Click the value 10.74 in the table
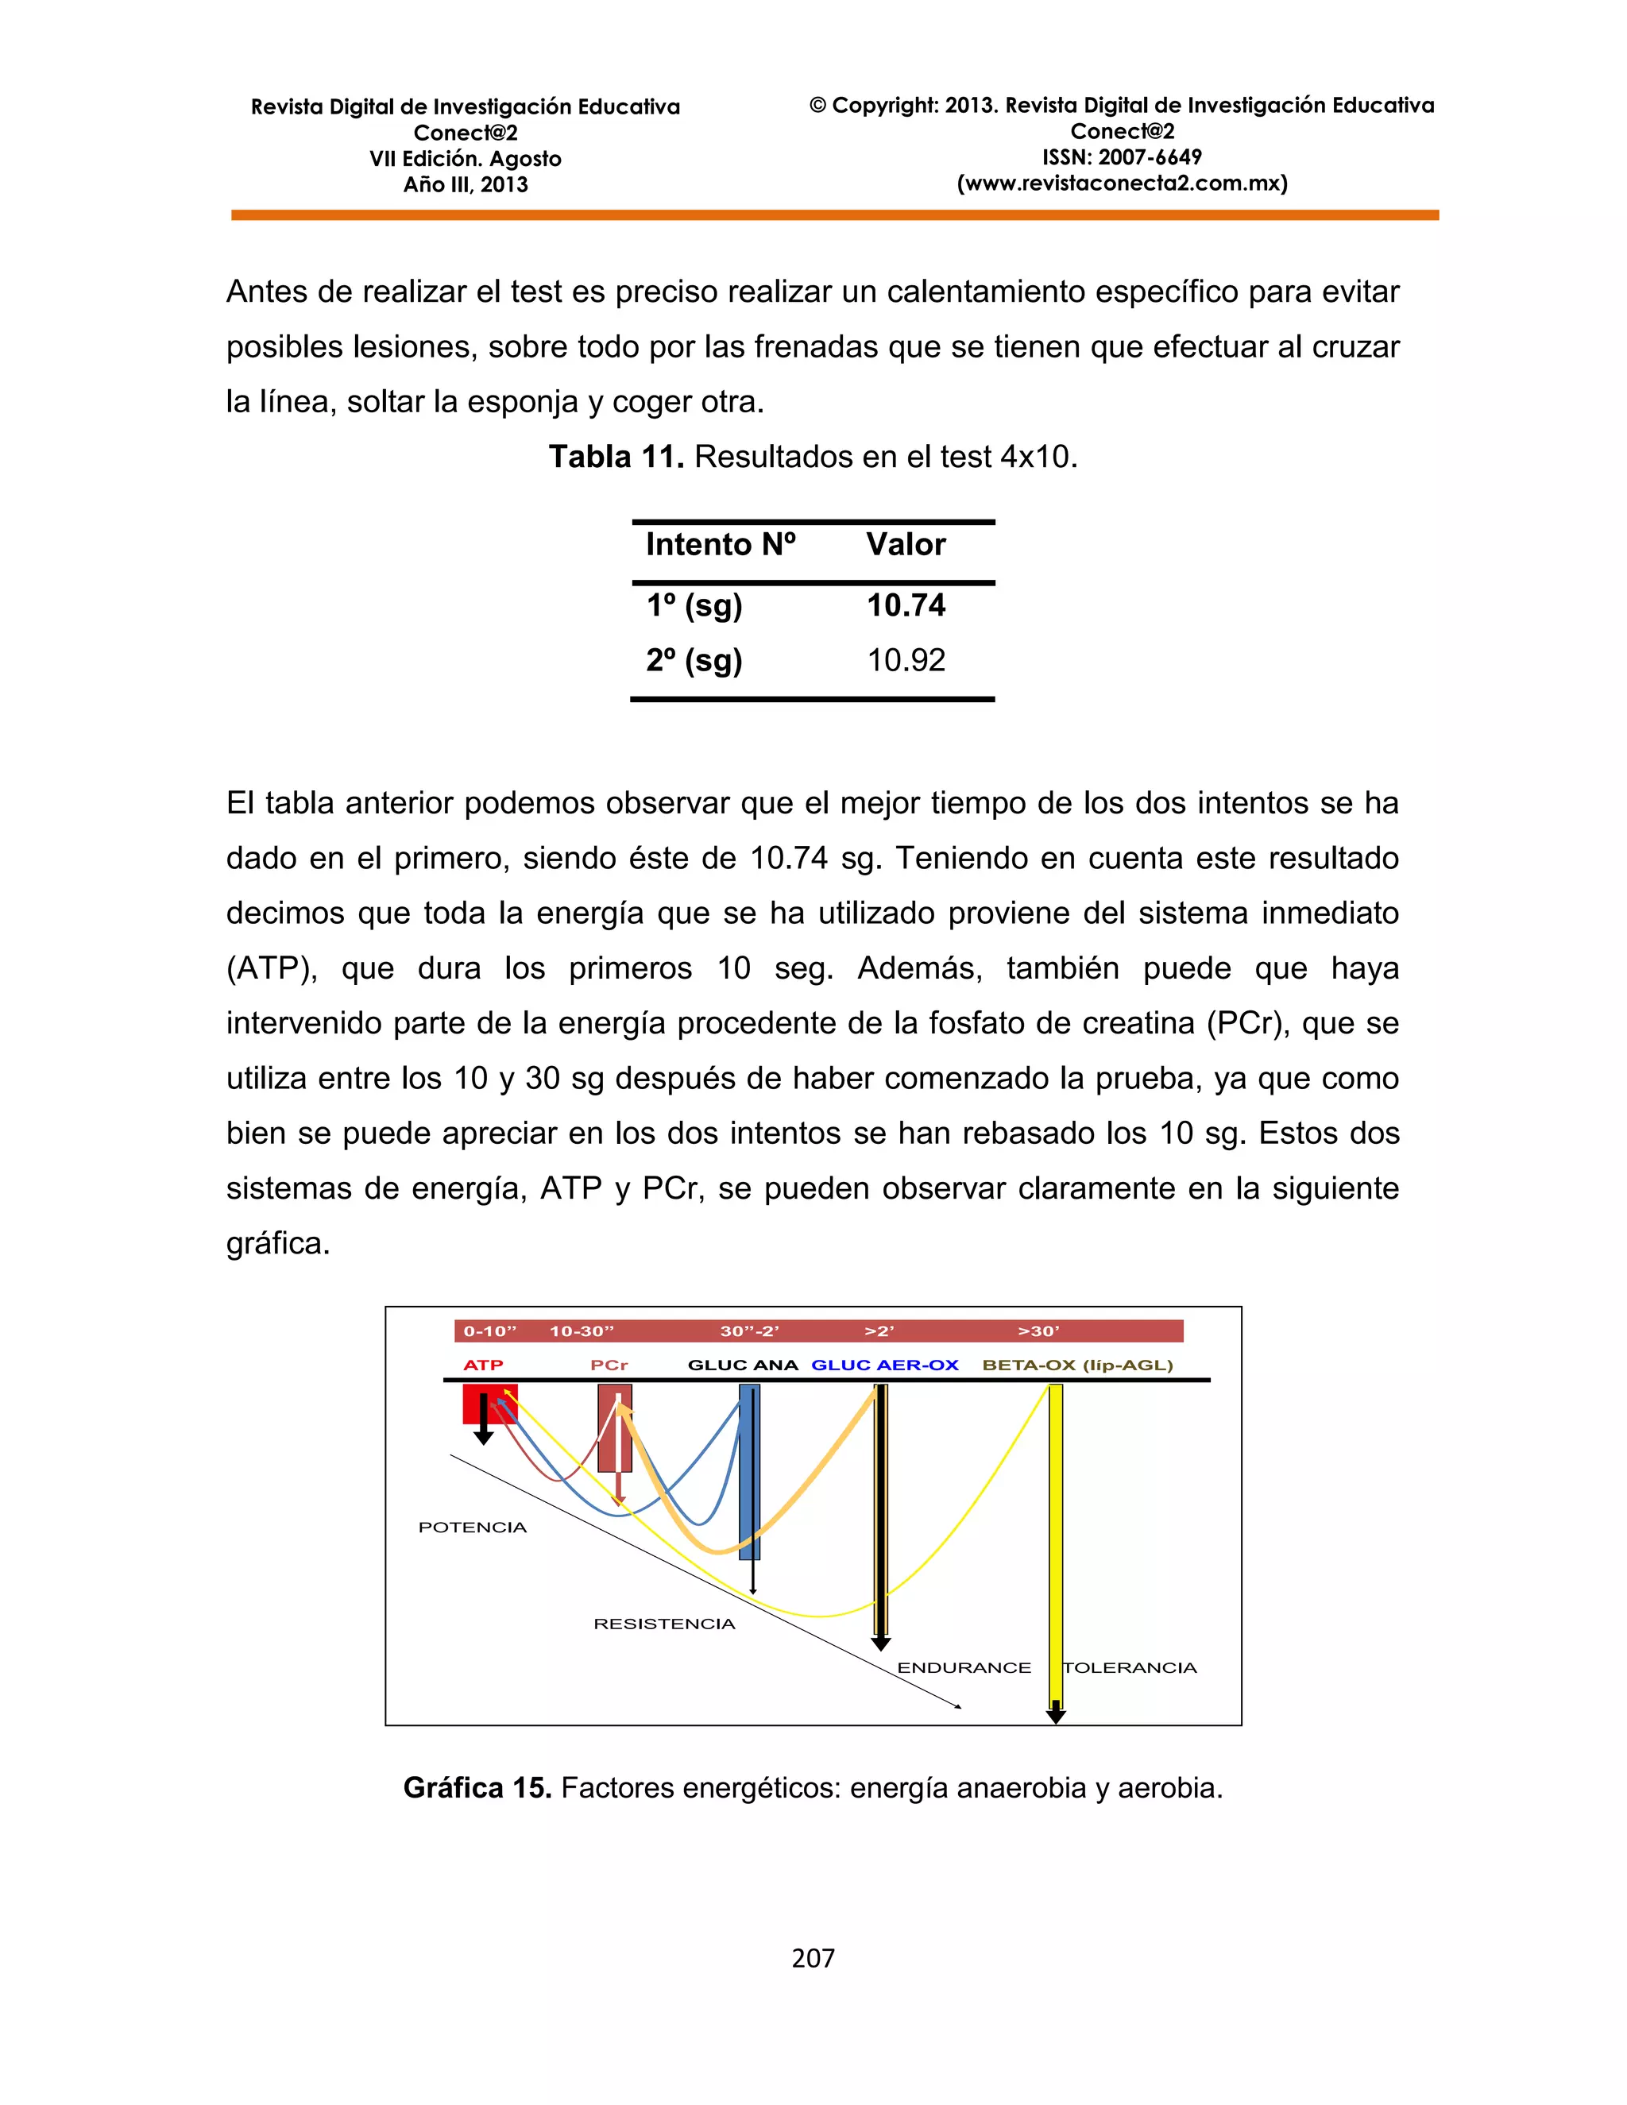point(905,605)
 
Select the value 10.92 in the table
point(905,660)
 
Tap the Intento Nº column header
point(720,545)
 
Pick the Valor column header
point(905,545)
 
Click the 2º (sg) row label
point(694,660)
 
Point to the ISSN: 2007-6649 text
point(1122,157)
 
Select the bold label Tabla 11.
point(616,457)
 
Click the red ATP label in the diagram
point(483,1365)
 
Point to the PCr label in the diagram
point(609,1365)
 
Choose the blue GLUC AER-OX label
point(885,1365)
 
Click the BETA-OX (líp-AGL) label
point(1076,1365)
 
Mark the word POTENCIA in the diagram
point(473,1527)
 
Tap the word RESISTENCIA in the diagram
point(664,1624)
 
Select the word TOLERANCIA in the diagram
point(1130,1667)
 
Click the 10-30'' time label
point(582,1331)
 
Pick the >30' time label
point(1038,1331)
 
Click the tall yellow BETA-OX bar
point(1056,1542)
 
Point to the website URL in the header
point(1122,183)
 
